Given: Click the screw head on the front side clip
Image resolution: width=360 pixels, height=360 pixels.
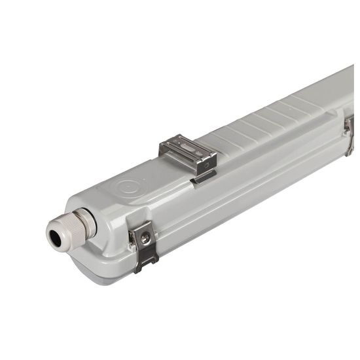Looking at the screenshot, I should (145, 239).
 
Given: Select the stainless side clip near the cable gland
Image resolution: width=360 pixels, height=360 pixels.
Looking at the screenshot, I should (144, 245).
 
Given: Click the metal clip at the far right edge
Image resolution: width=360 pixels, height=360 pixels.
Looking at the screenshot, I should (349, 134).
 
